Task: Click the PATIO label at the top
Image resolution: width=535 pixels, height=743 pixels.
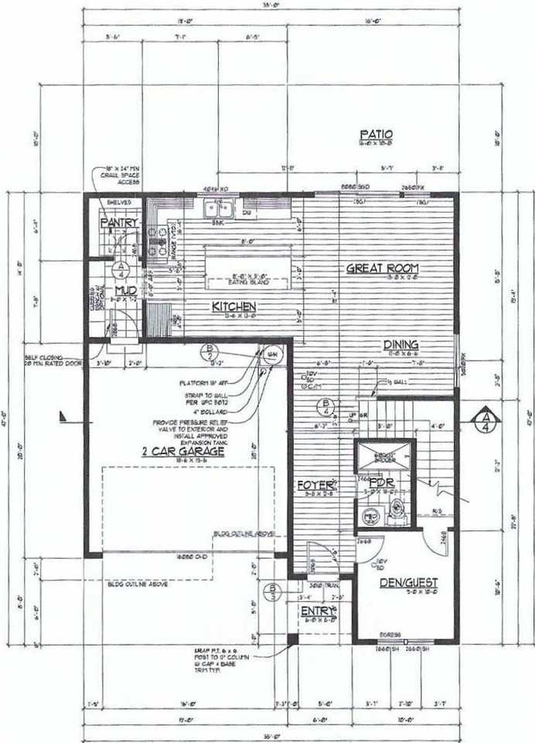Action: click(376, 134)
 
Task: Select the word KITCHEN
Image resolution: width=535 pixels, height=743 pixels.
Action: click(233, 306)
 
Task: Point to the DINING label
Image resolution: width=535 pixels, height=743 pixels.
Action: click(400, 344)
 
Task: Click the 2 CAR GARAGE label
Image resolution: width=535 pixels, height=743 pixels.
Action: click(182, 451)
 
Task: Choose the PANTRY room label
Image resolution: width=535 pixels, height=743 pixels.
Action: click(119, 224)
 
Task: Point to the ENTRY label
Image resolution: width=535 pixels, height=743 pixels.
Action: click(315, 611)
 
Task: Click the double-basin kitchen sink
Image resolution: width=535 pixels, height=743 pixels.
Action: click(218, 209)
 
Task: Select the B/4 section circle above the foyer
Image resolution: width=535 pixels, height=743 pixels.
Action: click(328, 406)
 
